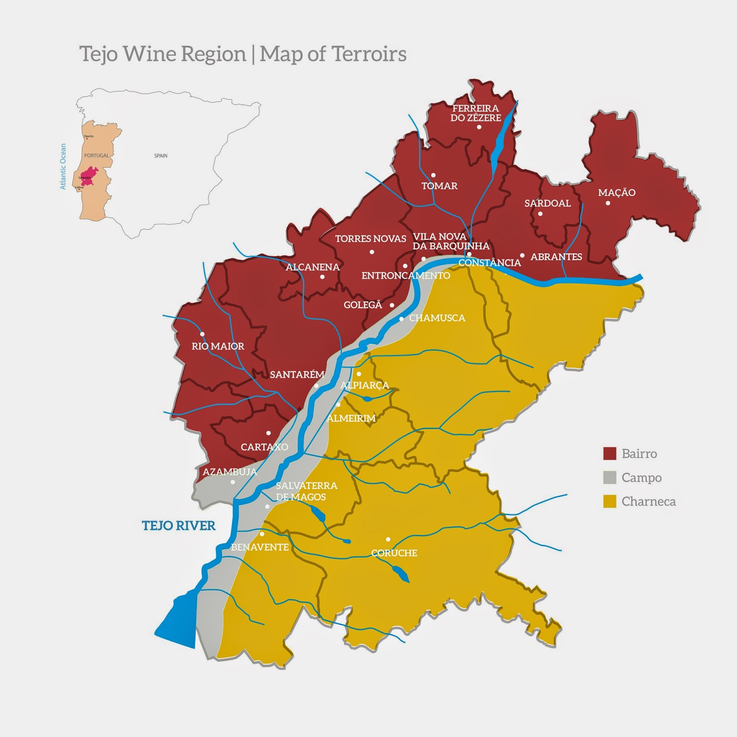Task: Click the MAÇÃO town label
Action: tap(616, 193)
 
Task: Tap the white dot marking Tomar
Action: tap(433, 175)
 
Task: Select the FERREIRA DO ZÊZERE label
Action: tap(475, 113)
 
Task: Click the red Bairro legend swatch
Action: tap(609, 453)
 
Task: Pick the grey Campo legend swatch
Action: tap(609, 478)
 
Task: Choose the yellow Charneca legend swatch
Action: tap(609, 502)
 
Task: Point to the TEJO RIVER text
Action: tap(179, 526)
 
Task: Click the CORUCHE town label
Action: tap(394, 553)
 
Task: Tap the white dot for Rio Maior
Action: tap(202, 334)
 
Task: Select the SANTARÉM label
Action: tap(297, 374)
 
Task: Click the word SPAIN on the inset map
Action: tap(161, 156)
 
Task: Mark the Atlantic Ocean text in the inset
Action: tap(63, 166)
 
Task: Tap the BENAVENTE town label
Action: tap(260, 547)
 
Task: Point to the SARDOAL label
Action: tap(547, 203)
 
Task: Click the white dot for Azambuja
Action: tap(233, 482)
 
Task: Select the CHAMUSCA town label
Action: tap(437, 318)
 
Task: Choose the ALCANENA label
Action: tap(312, 267)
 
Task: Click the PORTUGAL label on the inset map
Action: tap(96, 156)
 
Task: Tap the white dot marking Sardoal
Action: tap(540, 214)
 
